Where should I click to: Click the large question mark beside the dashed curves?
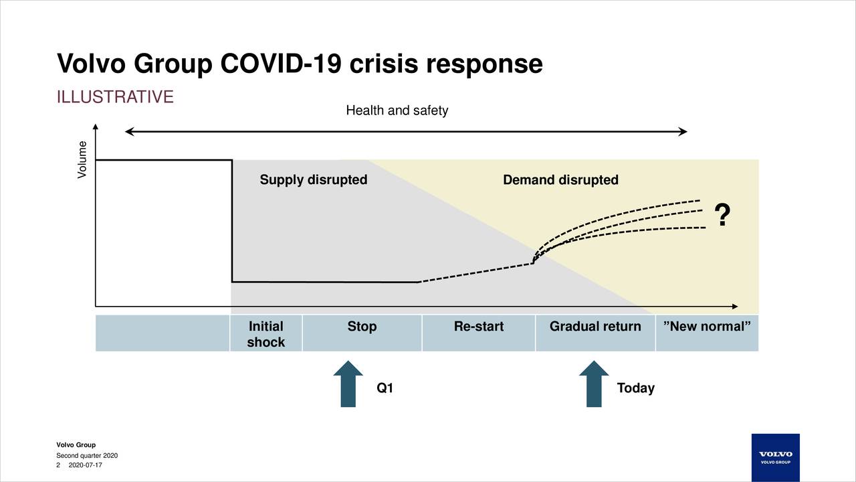[x=722, y=216]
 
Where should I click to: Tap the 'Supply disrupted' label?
[x=313, y=180]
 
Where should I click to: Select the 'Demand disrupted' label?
[x=560, y=180]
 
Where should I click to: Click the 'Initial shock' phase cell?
[x=266, y=333]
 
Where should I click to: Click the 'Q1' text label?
[x=385, y=388]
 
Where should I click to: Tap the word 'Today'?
[x=635, y=388]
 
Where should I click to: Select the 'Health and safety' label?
[x=397, y=110]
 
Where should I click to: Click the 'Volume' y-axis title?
[x=82, y=159]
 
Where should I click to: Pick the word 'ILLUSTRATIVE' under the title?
[x=115, y=97]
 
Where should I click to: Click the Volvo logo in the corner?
[x=775, y=457]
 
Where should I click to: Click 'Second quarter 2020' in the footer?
[x=87, y=456]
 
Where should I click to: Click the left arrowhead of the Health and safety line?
[x=129, y=132]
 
